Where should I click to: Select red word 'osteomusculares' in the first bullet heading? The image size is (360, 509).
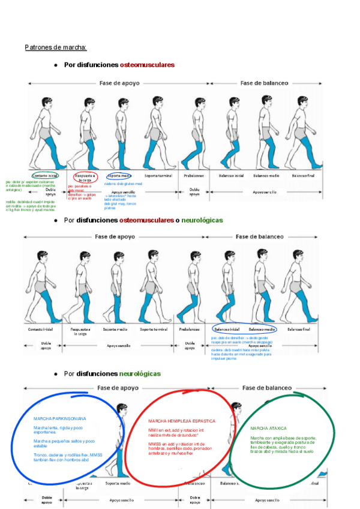coord(147,64)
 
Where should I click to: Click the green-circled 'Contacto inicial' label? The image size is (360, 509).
coord(46,176)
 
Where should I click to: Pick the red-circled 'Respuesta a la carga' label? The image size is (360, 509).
coord(85,177)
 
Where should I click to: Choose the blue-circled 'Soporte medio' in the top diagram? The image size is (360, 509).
coord(119,176)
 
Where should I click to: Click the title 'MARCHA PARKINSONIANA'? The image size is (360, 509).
coord(59,418)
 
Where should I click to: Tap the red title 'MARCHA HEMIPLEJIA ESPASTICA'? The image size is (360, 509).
coord(181,421)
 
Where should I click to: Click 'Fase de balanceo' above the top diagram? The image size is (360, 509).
coord(263,83)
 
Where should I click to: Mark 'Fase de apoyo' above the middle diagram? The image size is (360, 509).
coord(113,236)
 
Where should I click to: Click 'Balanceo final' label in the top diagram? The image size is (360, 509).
coord(303,176)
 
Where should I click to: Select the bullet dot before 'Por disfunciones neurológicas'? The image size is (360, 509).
coord(55,373)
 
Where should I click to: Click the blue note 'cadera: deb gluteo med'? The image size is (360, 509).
coord(123,184)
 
